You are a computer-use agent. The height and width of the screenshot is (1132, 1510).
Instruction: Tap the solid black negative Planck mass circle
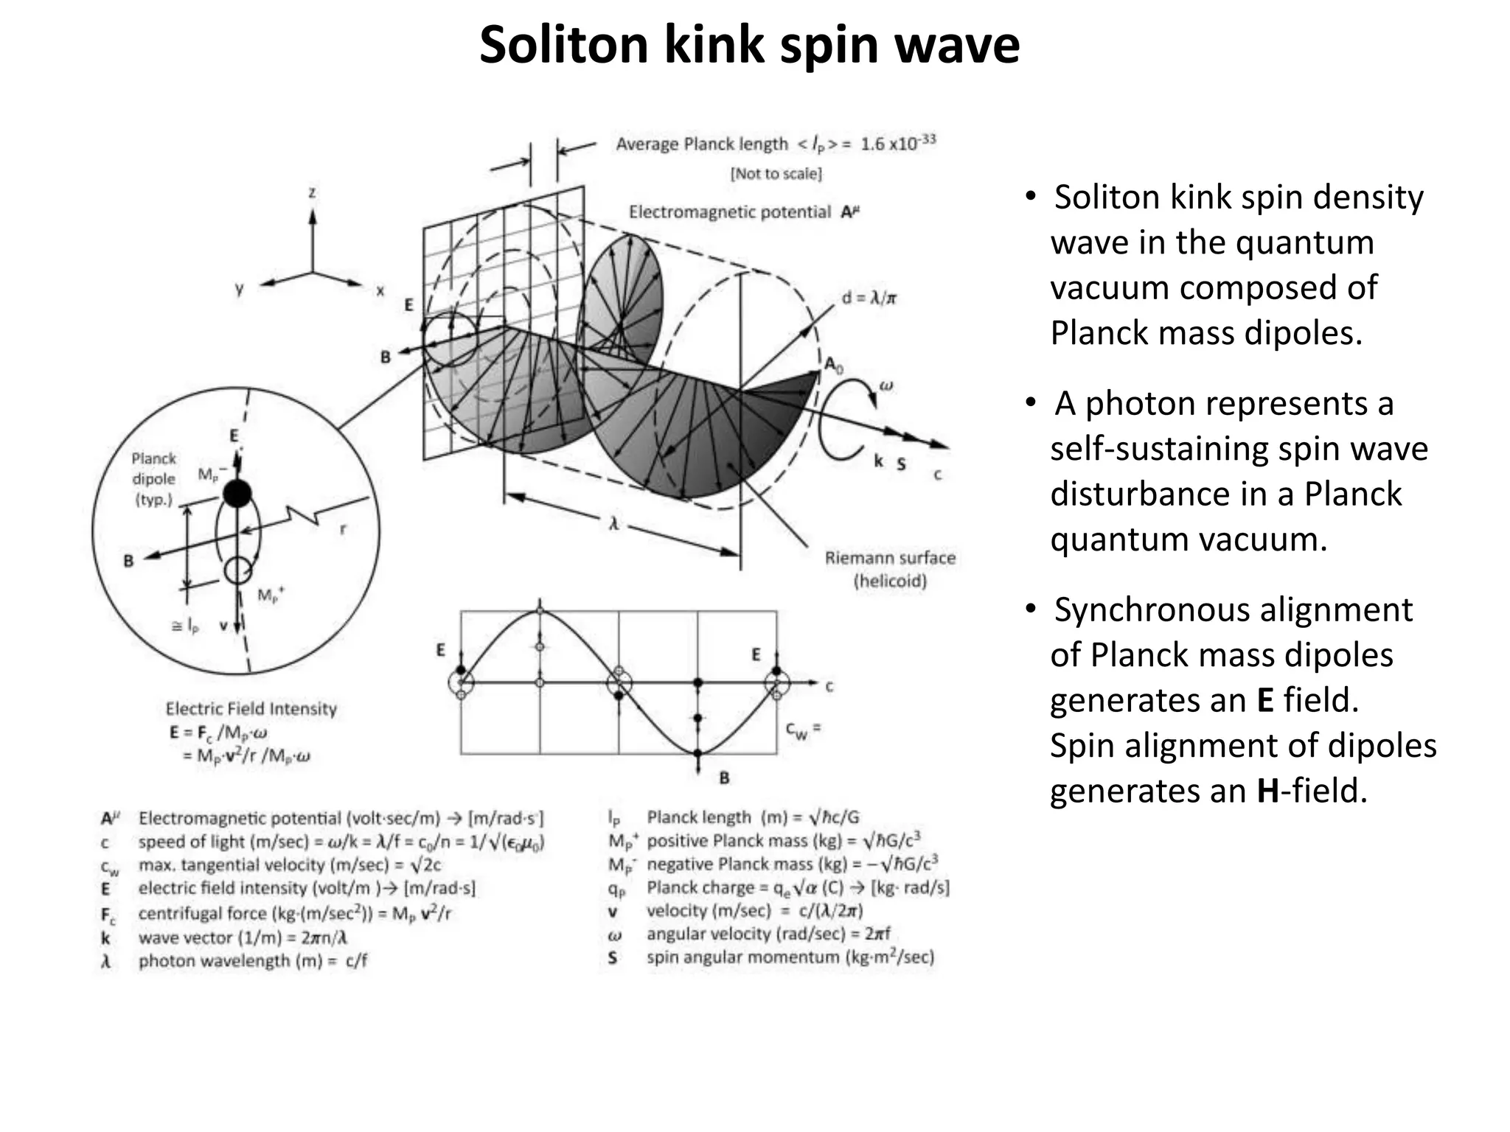(237, 493)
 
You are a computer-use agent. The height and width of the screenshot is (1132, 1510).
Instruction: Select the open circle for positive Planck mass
(238, 570)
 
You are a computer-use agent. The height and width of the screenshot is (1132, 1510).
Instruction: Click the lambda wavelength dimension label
(613, 524)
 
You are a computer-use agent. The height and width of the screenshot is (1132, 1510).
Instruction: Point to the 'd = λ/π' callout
(869, 298)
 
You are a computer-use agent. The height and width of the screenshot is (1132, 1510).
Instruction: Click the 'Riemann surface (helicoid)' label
(890, 569)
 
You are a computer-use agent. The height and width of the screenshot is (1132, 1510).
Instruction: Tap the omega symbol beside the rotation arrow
(886, 385)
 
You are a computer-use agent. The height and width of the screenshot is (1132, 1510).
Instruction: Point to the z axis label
(313, 192)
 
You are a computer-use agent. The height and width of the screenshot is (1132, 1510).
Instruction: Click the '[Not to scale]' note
(776, 174)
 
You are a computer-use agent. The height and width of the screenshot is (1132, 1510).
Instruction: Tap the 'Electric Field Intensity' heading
(251, 709)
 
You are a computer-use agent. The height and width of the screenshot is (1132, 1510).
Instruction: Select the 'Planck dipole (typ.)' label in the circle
(153, 478)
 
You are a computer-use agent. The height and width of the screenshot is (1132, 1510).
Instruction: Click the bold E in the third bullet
(1265, 700)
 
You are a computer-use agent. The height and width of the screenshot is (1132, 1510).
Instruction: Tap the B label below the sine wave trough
(724, 778)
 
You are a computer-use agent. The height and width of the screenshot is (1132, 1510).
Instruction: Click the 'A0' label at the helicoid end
(833, 364)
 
